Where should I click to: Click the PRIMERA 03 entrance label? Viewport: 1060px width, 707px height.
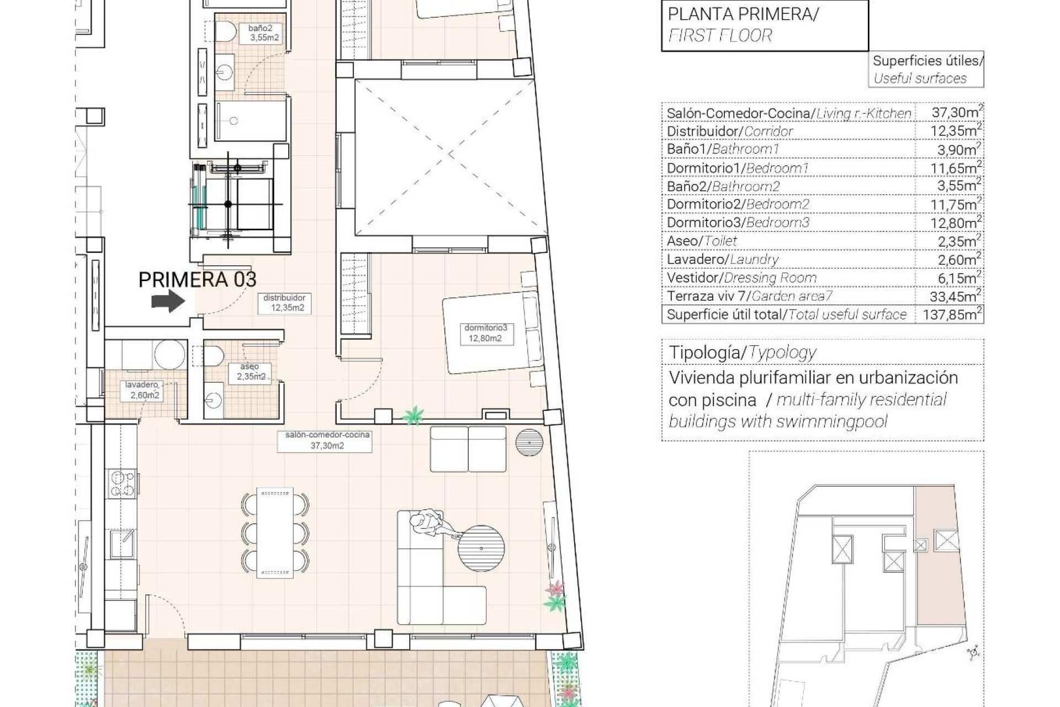[197, 279]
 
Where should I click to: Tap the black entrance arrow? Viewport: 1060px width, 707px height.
[168, 302]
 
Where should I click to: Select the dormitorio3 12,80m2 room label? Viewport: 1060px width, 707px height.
[485, 333]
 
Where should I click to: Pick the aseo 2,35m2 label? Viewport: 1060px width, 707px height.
[250, 372]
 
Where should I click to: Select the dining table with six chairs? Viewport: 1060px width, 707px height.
[275, 531]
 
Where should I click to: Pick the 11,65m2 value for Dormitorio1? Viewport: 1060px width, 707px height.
[949, 168]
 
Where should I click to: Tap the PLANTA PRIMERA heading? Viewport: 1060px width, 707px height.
[743, 14]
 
